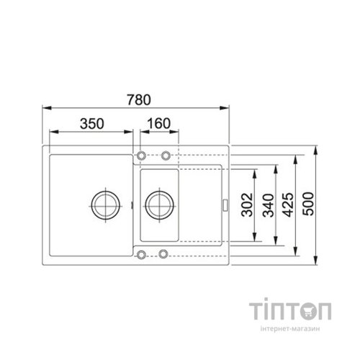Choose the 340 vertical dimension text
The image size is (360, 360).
(x=269, y=206)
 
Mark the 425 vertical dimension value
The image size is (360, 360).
(x=289, y=206)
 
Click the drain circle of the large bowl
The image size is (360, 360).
(x=104, y=204)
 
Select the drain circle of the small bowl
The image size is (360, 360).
(x=158, y=204)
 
